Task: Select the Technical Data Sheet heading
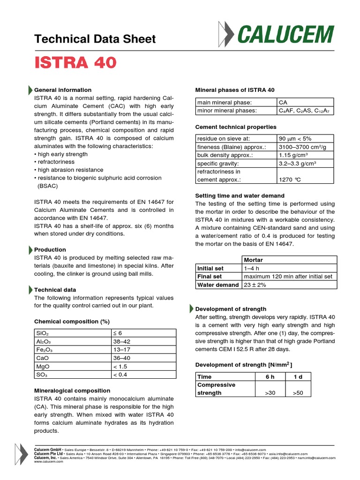(x=95, y=39)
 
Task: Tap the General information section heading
(x=63, y=90)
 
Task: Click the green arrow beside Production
(x=31, y=250)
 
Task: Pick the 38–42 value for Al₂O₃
(x=122, y=342)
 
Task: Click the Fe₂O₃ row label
(x=45, y=350)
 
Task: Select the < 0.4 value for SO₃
(x=120, y=375)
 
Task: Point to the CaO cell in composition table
(x=42, y=358)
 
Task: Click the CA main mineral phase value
(x=283, y=102)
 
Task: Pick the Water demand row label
(x=218, y=285)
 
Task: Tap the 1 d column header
(x=298, y=376)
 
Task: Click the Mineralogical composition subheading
(x=72, y=390)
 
